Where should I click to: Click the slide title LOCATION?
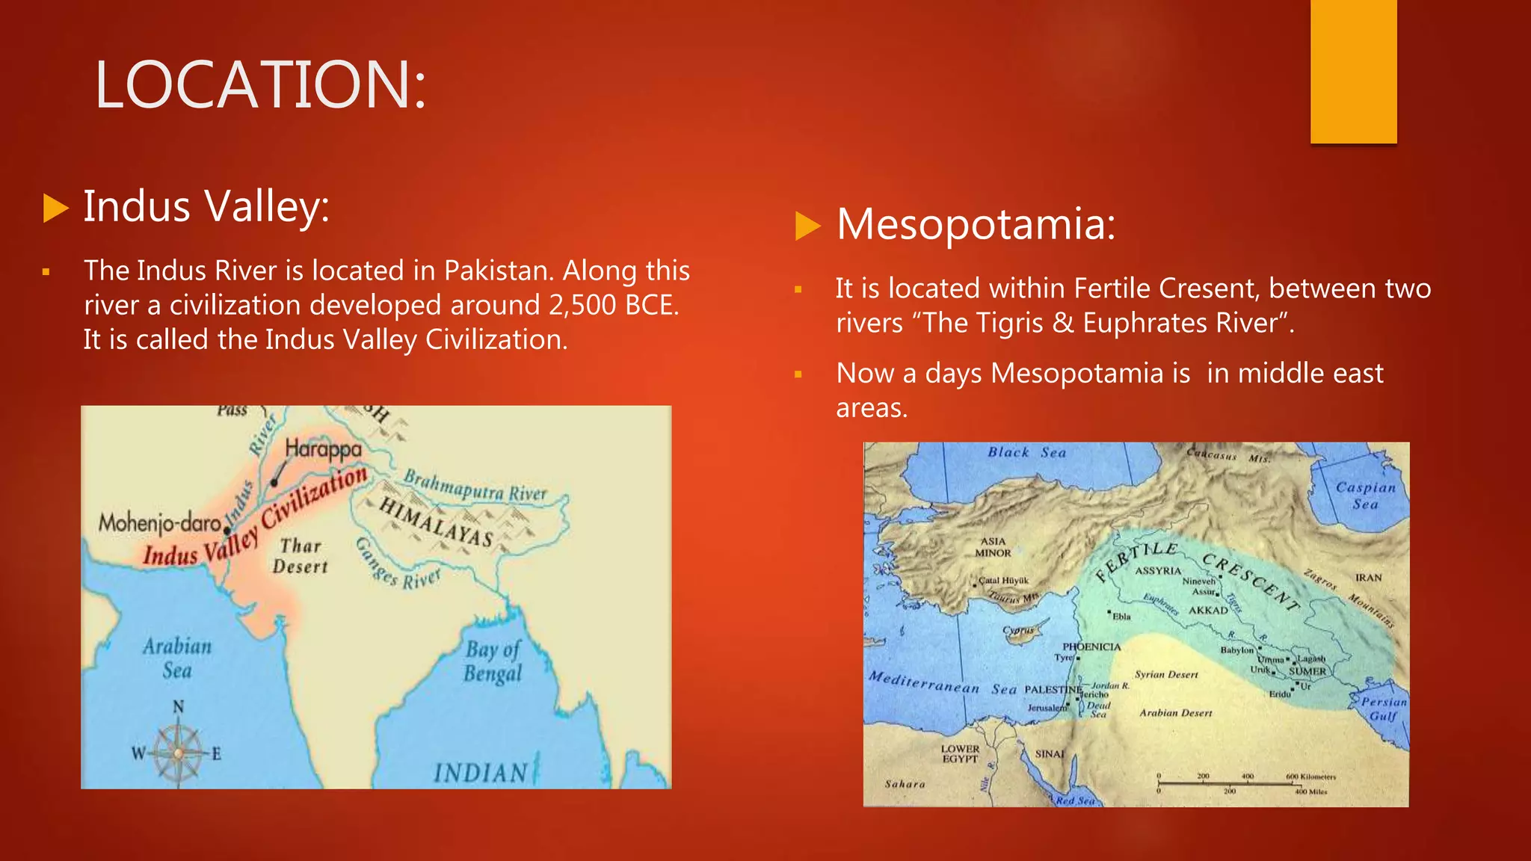(260, 84)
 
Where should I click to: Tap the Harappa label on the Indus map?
(323, 448)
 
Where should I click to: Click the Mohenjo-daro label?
(160, 522)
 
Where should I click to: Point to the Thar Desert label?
(300, 556)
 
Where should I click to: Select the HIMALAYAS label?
(436, 522)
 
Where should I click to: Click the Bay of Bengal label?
(493, 661)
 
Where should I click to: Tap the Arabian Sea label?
(177, 658)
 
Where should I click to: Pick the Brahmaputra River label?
(475, 486)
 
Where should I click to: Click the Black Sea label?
(1026, 452)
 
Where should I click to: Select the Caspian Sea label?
(1365, 496)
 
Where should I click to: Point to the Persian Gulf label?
(1383, 709)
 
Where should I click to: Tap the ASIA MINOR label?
(993, 547)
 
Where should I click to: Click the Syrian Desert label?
(1166, 674)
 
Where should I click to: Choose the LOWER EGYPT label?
(960, 753)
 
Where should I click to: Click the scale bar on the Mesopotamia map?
(1241, 785)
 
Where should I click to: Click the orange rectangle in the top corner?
(1353, 71)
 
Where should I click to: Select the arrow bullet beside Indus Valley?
(56, 208)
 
